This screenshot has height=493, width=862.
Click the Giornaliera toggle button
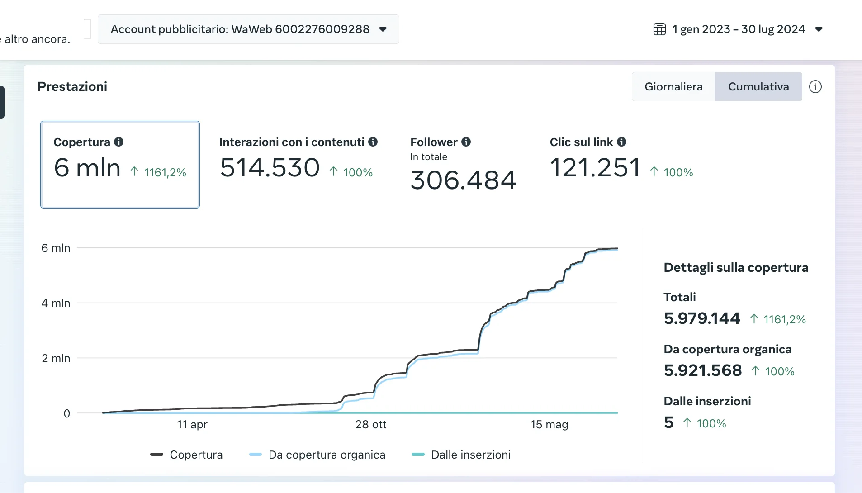pyautogui.click(x=673, y=86)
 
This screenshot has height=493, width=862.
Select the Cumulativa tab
pyautogui.click(x=758, y=86)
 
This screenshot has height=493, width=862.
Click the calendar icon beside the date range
pyautogui.click(x=659, y=29)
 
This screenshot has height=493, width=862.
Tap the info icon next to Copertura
pyautogui.click(x=119, y=142)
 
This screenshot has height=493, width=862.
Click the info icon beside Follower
pyautogui.click(x=466, y=142)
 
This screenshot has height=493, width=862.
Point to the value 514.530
pyautogui.click(x=270, y=168)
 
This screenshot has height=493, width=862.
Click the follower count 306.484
pyautogui.click(x=463, y=180)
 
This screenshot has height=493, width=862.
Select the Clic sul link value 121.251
pyautogui.click(x=595, y=168)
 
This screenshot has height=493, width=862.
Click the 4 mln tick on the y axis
pyautogui.click(x=56, y=303)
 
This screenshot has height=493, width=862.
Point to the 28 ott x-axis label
pyautogui.click(x=370, y=424)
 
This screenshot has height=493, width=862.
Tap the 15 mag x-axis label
pyautogui.click(x=549, y=424)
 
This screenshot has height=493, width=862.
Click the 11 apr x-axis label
pyautogui.click(x=192, y=424)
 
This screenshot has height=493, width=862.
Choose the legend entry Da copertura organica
pyautogui.click(x=327, y=455)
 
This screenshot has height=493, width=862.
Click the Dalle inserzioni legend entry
pyautogui.click(x=470, y=455)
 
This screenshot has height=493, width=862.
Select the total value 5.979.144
pyautogui.click(x=702, y=318)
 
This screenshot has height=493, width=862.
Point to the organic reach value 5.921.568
pyautogui.click(x=703, y=370)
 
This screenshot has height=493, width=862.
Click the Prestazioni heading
pyautogui.click(x=72, y=86)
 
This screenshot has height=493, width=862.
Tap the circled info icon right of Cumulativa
pyautogui.click(x=815, y=86)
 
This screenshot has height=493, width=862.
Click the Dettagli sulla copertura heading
pyautogui.click(x=736, y=267)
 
